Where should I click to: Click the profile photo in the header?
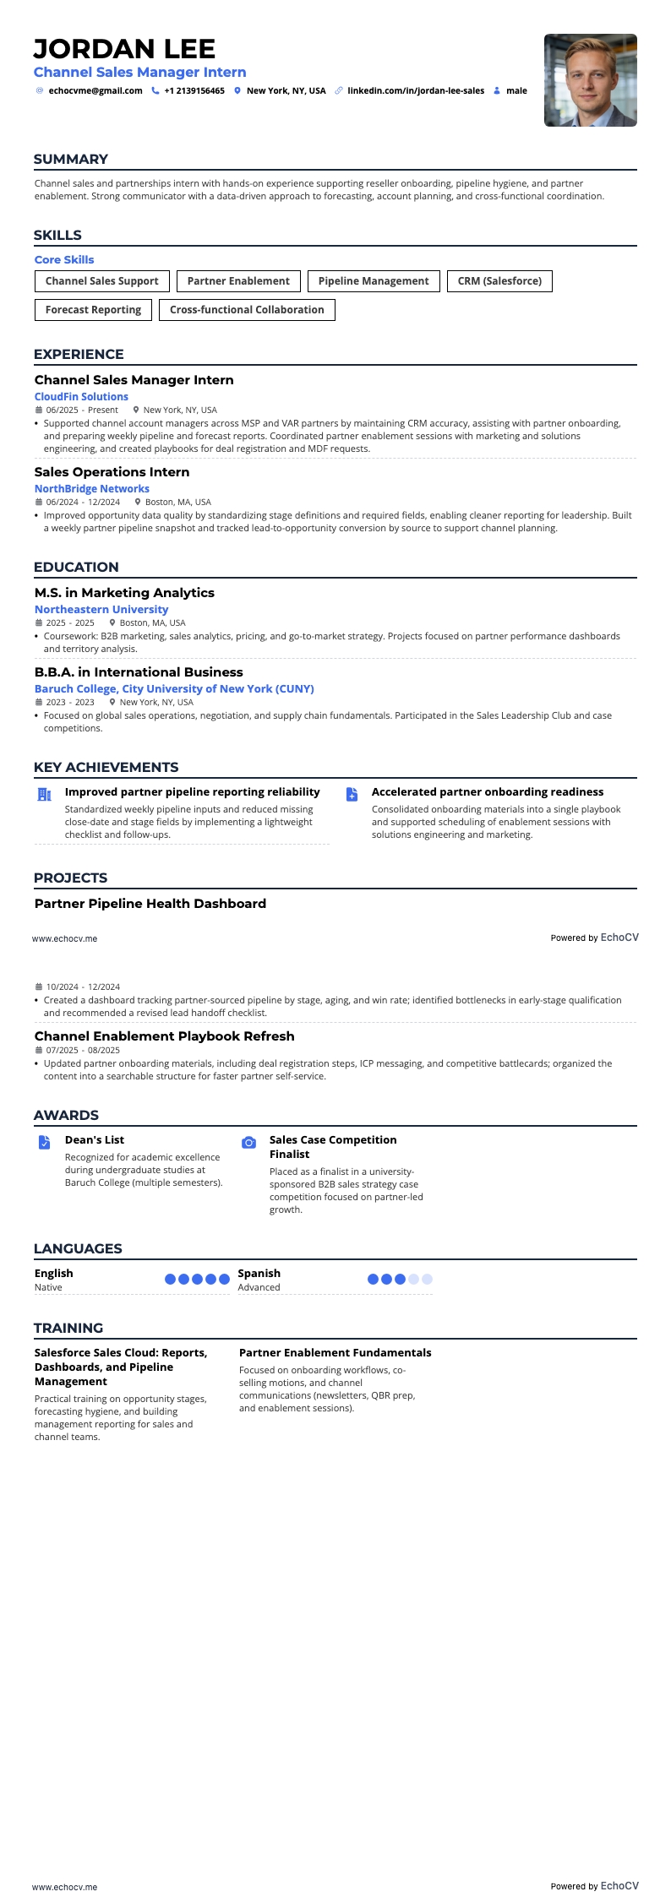point(590,80)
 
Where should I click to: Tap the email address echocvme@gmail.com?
point(95,90)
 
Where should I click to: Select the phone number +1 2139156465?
point(194,90)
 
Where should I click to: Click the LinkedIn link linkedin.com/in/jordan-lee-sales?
point(416,90)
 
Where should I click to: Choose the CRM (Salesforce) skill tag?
point(499,281)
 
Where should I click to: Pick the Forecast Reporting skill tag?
point(93,310)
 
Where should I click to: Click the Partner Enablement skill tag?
point(238,281)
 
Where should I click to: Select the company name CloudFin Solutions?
point(81,396)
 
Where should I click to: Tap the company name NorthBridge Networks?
point(92,488)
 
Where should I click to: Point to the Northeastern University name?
point(101,609)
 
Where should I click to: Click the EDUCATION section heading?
point(76,567)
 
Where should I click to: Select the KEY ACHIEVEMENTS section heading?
point(106,767)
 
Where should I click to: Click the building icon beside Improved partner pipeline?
point(44,794)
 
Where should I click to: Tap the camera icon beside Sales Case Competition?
point(248,1143)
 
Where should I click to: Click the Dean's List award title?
point(95,1139)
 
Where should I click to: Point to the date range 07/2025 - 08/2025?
point(83,1051)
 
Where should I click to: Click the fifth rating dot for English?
point(224,1279)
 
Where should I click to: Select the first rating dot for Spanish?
point(374,1279)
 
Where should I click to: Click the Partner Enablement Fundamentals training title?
point(335,1352)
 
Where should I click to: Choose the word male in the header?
point(516,90)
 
